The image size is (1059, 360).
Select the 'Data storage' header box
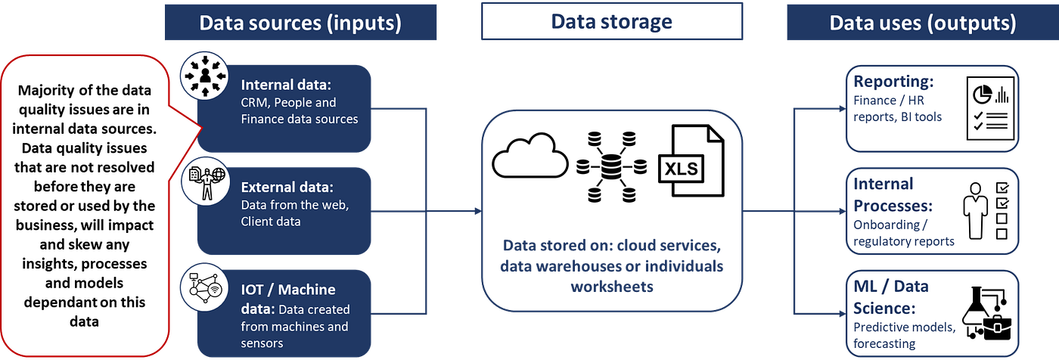point(610,21)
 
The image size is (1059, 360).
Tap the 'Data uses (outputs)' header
point(922,22)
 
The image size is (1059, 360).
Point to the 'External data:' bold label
point(287,187)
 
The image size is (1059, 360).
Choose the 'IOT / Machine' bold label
point(288,290)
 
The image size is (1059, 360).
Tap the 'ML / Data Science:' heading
point(891,297)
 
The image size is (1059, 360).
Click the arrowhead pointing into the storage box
point(477,211)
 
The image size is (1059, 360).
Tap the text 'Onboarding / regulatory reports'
point(903,232)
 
